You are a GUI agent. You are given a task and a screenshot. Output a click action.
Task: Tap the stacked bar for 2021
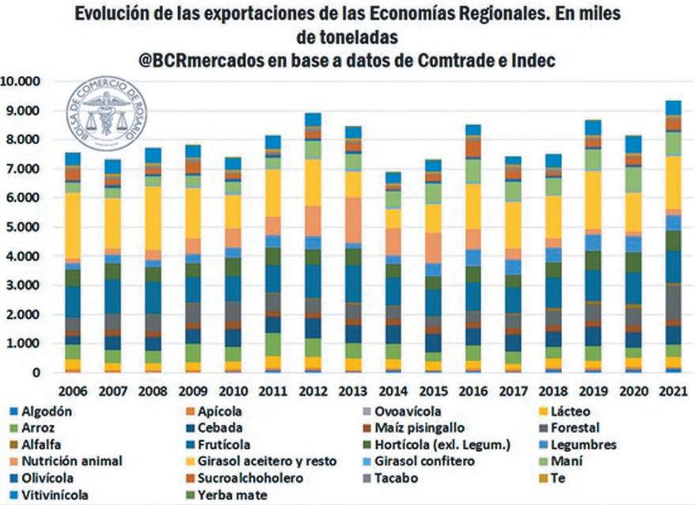[x=672, y=237]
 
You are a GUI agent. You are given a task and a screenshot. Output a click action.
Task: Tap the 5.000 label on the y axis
[x=25, y=227]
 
